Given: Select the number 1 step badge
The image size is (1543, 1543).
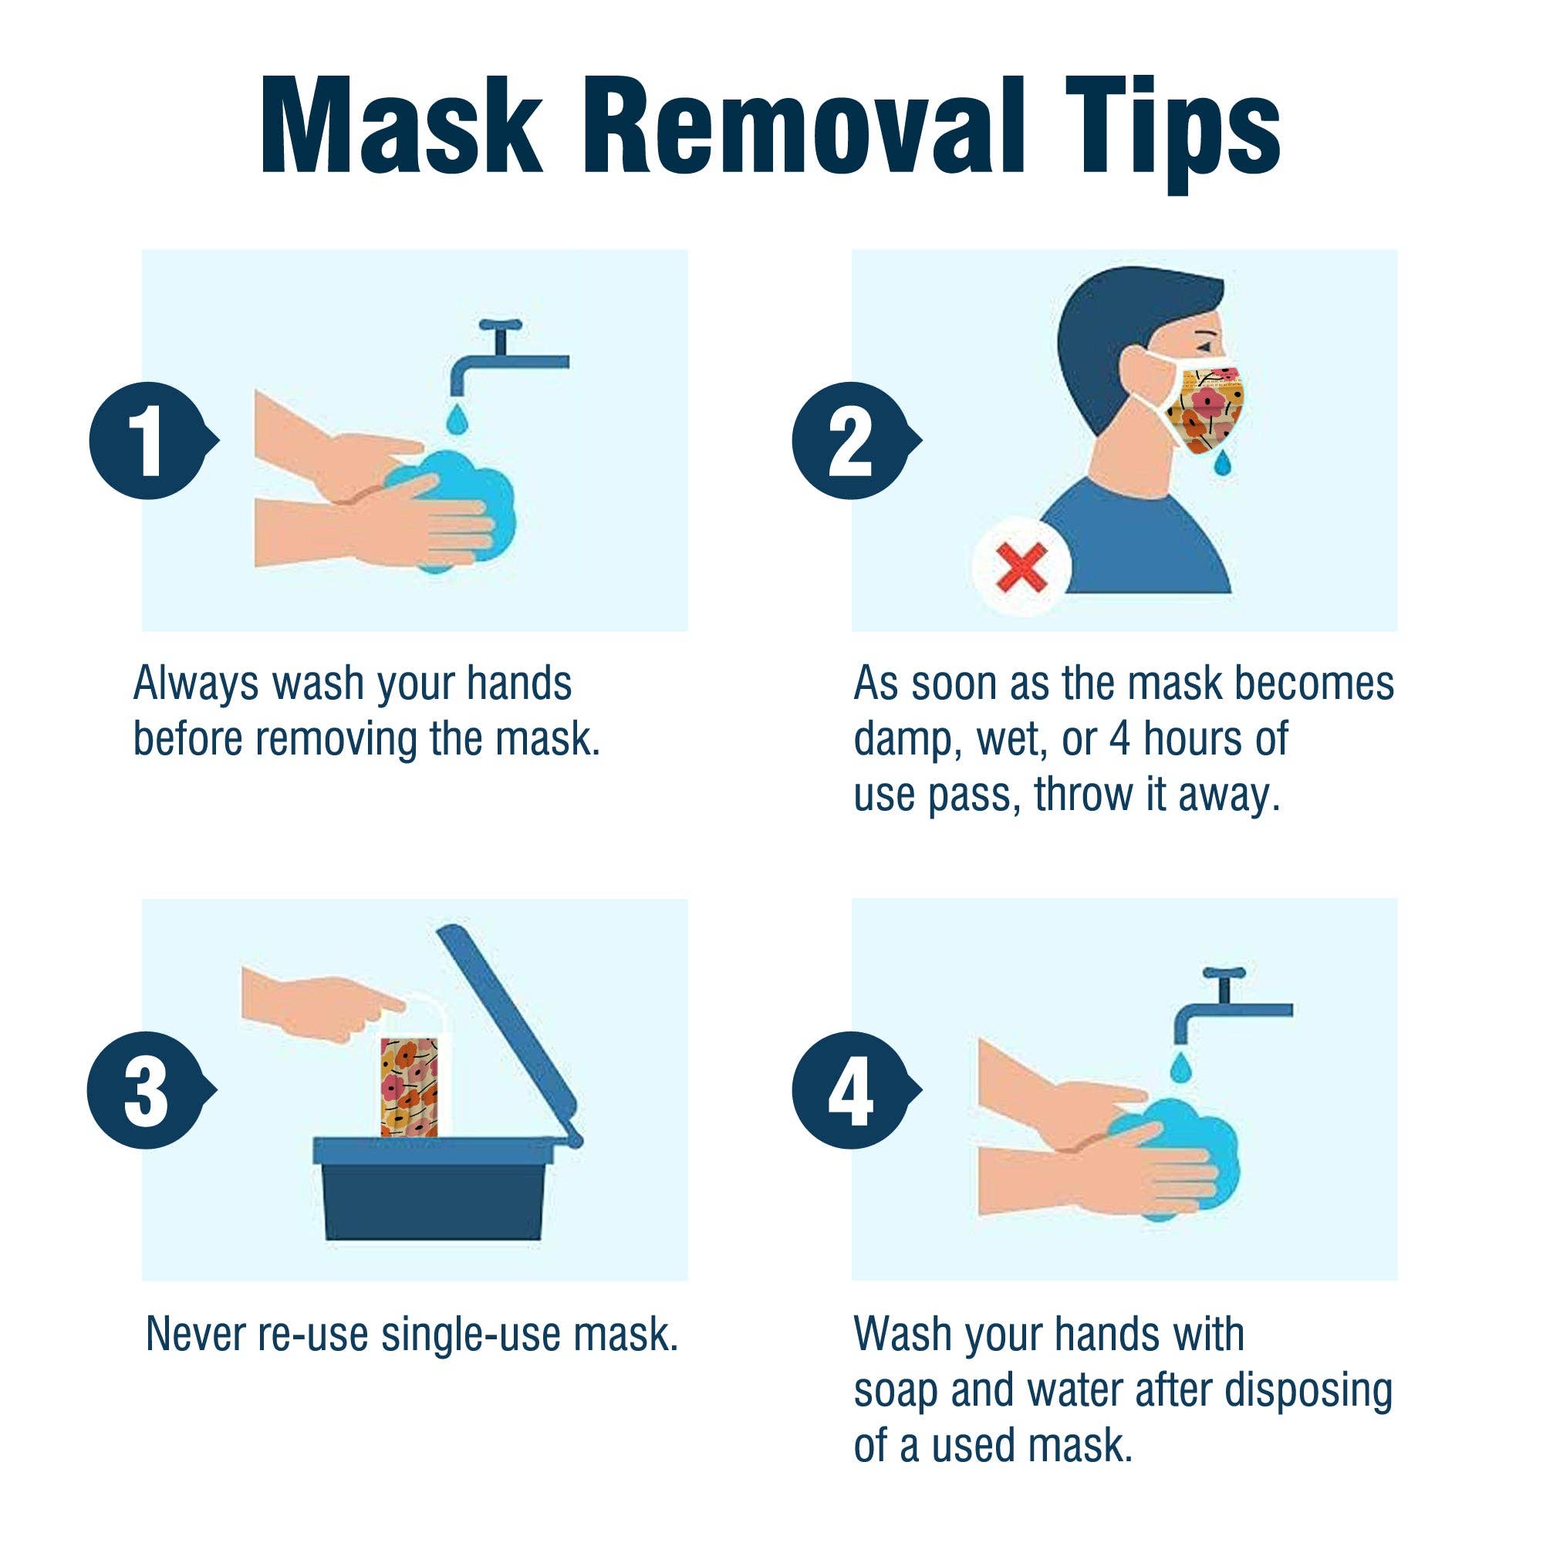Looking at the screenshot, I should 149,441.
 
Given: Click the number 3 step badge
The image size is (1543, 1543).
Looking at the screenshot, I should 147,1090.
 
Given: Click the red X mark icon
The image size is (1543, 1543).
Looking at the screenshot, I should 1021,568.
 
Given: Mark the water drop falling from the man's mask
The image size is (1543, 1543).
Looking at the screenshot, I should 1221,464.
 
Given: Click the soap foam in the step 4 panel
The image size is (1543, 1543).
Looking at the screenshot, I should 1190,1150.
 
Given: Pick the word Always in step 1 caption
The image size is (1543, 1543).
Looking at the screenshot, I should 197,684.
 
